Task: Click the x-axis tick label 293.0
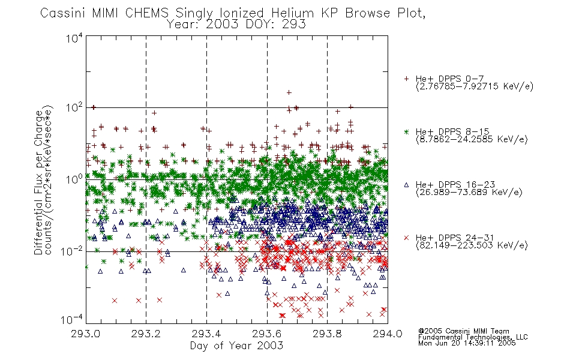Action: (86, 334)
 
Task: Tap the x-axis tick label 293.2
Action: (146, 334)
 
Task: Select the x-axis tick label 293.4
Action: (206, 334)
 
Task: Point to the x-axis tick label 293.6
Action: (267, 334)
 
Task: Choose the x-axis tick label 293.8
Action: (327, 334)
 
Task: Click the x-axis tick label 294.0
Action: (388, 334)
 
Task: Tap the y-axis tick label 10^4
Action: (74, 38)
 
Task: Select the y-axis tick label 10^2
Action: (74, 108)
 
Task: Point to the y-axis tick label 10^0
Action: (74, 179)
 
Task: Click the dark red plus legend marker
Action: (406, 79)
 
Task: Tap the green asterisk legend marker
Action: (406, 131)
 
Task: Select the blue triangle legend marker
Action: (406, 185)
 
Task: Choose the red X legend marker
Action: (406, 238)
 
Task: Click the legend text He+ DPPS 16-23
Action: (455, 185)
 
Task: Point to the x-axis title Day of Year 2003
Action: (236, 346)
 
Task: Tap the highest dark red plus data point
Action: (289, 93)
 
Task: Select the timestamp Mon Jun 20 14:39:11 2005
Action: (467, 343)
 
